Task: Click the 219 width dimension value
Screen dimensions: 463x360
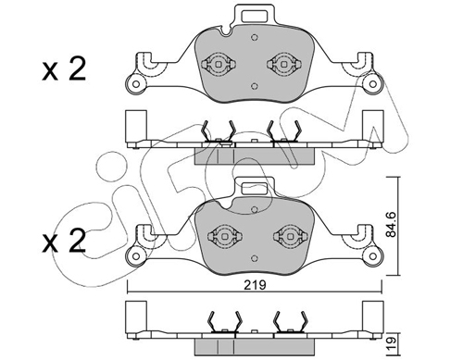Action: [x=255, y=285]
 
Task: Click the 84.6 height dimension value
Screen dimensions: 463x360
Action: [x=392, y=224]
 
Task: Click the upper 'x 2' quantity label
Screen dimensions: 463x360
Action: [x=64, y=69]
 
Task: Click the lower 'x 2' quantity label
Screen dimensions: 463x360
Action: [x=64, y=241]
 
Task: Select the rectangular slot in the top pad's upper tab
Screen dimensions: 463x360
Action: [x=255, y=17]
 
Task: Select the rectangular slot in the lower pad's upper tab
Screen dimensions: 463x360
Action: [x=255, y=189]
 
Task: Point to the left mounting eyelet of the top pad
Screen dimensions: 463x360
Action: [x=135, y=83]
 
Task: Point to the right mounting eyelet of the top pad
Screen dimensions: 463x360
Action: [x=373, y=83]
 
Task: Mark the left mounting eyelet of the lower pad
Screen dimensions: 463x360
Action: [x=135, y=255]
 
